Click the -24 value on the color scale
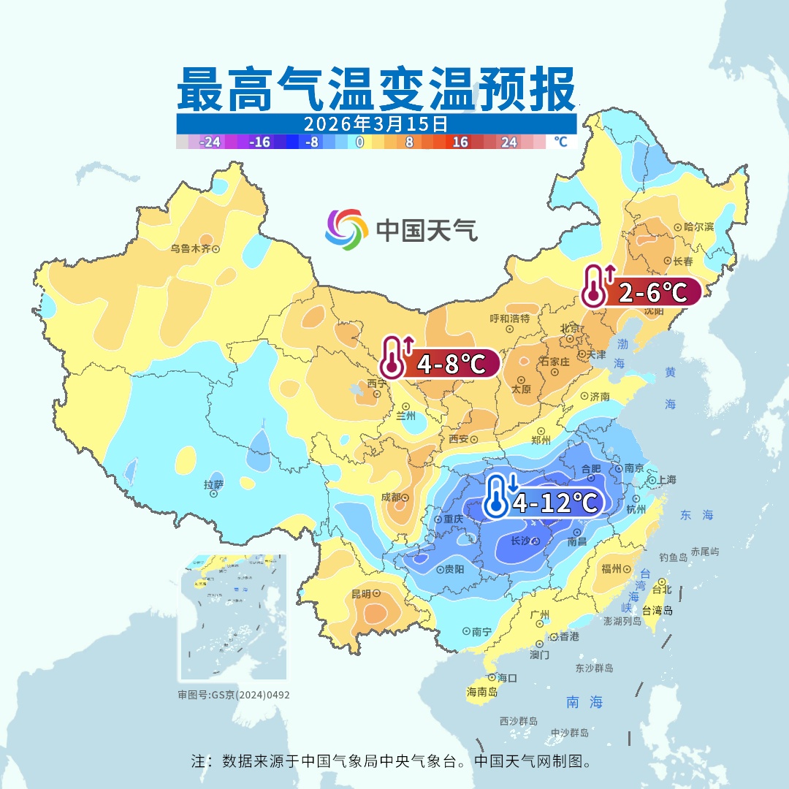pos(210,142)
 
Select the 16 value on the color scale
pos(460,142)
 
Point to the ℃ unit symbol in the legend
pos(560,142)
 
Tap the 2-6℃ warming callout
pos(641,292)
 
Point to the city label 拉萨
pos(213,484)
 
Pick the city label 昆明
pos(361,594)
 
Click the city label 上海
pos(666,480)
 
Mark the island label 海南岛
pos(482,691)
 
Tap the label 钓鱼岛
pos(673,557)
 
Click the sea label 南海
pos(584,702)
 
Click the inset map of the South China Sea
pos(233,618)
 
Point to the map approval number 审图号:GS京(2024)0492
pos(234,695)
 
